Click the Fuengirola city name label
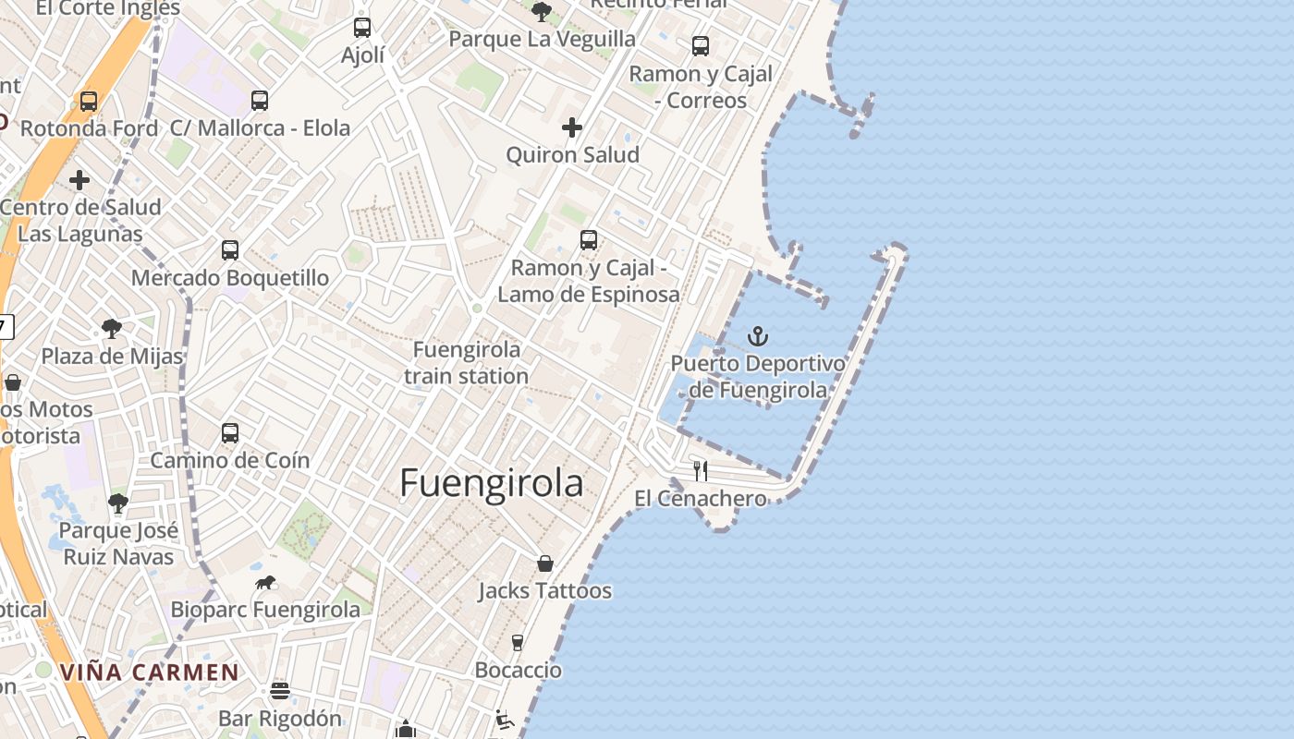[x=491, y=483]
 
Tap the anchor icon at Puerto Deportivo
[x=758, y=336]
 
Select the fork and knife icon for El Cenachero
[x=701, y=471]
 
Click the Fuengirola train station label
[x=467, y=363]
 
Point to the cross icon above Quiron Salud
[x=572, y=127]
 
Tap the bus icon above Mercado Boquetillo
[x=230, y=249]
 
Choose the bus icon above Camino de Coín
[x=230, y=432]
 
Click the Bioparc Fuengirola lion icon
[x=265, y=583]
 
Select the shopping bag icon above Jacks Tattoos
[x=545, y=563]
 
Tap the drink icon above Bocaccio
[x=518, y=642]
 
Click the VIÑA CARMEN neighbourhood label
[x=150, y=672]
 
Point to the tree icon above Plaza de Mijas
[x=112, y=328]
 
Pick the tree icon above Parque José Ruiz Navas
[x=117, y=503]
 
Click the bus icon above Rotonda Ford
[x=89, y=101]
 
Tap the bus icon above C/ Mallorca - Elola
[x=260, y=101]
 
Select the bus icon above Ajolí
[x=362, y=28]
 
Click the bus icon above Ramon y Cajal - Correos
[x=701, y=45]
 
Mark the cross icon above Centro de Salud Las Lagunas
[x=79, y=180]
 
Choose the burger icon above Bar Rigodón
[x=280, y=691]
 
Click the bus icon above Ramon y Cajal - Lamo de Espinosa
[x=589, y=240]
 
